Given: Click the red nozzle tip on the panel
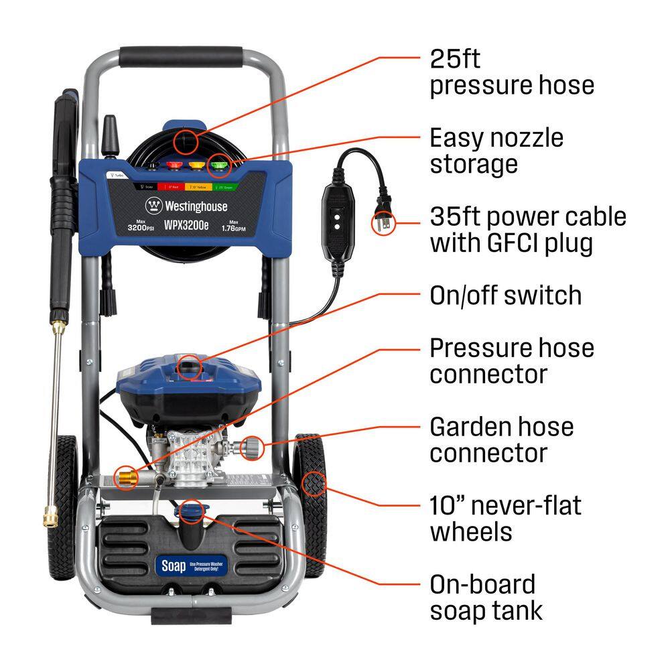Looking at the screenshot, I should coord(176,164).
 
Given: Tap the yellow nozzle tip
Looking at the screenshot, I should coord(196,164).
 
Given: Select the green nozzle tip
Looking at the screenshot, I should coord(217,163).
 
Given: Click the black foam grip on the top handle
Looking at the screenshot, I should coord(182,56).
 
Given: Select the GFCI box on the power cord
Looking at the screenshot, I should coord(337,219).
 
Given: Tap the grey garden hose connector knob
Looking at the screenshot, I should coord(253,444).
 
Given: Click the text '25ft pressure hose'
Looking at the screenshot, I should coord(512,72).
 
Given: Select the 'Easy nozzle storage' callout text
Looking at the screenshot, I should coord(496,151).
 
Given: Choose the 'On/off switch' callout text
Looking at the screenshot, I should coord(505,295).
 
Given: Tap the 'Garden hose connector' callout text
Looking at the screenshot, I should coord(502,440).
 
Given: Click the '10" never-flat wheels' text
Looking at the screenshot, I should coord(506,518).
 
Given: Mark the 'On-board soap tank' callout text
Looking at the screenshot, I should coord(486,597).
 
